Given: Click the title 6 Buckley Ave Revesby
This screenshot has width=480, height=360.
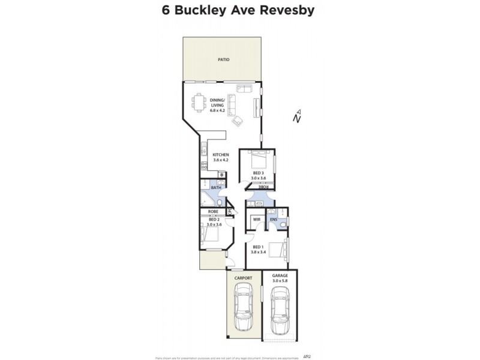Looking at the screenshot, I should tap(239, 10).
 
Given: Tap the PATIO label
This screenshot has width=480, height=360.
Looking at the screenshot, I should tap(224, 59).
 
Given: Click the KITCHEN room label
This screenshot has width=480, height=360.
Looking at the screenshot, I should tap(221, 155).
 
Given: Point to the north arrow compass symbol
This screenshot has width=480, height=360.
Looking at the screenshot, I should tap(298, 115).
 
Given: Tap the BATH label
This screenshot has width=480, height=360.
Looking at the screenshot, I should tap(216, 188).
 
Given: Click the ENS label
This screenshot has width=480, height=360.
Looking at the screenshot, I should tap(273, 220).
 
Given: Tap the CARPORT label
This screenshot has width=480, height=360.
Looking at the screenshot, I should tap(244, 278).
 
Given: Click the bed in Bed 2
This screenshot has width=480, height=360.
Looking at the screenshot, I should tap(212, 236).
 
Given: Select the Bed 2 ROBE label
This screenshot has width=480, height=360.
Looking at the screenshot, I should tap(213, 212).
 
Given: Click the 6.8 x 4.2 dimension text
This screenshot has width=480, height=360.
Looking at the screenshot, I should tap(217, 110).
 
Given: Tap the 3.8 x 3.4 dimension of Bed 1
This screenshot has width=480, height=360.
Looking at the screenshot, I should tap(257, 251).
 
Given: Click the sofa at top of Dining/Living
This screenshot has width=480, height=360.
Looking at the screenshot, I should tap(244, 89).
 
